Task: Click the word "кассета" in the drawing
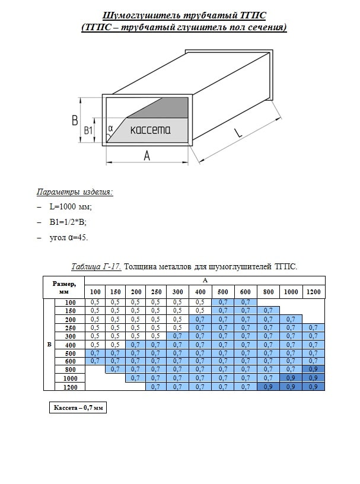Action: (x=150, y=130)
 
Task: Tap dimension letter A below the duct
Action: (x=146, y=155)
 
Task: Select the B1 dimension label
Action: (x=88, y=130)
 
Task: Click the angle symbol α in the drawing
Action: (x=111, y=127)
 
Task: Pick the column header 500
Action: (x=222, y=292)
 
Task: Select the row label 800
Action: (x=70, y=368)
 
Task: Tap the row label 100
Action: (x=70, y=302)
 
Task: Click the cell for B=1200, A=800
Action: (x=268, y=387)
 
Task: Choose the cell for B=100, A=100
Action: (x=95, y=302)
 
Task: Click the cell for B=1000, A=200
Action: (x=136, y=377)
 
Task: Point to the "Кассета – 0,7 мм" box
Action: (x=77, y=409)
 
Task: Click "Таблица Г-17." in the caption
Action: (x=96, y=266)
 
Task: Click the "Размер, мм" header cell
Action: (x=64, y=288)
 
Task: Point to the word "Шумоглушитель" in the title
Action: (x=136, y=16)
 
